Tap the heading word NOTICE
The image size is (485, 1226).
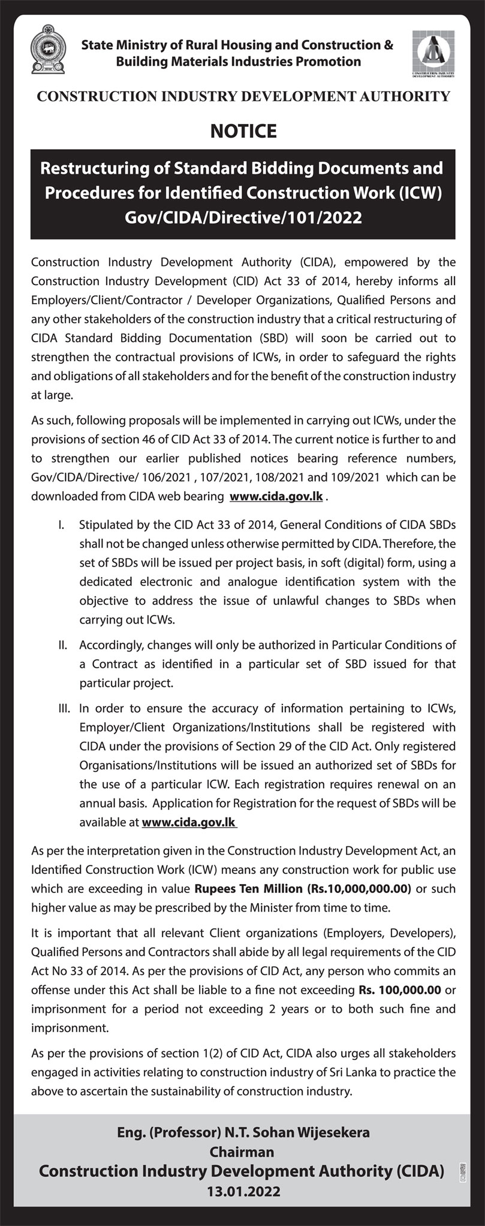click(x=243, y=131)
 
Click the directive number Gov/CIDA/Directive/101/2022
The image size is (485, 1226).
click(x=243, y=217)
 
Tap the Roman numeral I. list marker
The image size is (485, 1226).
click(x=61, y=525)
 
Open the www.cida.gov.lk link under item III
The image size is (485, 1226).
click(x=188, y=822)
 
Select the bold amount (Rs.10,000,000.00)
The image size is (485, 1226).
click(x=359, y=888)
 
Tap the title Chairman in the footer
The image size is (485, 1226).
click(x=242, y=1152)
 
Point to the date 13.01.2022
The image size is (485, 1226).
click(x=243, y=1192)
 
